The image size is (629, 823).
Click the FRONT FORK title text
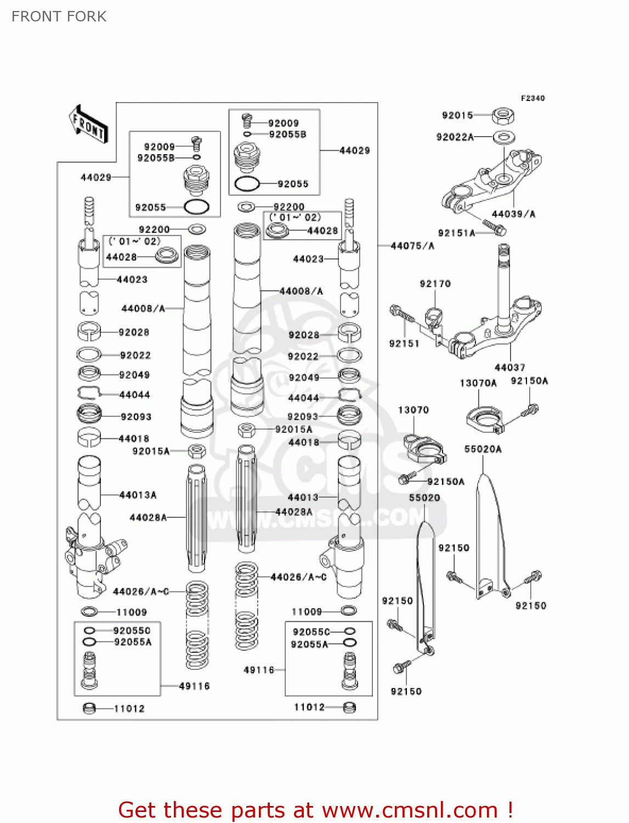point(59,16)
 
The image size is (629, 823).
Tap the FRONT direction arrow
point(88,125)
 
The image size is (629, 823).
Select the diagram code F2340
point(532,98)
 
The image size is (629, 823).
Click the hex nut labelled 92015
point(502,116)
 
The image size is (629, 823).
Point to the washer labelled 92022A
point(503,137)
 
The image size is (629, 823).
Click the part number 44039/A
point(513,214)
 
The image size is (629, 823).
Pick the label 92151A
point(456,233)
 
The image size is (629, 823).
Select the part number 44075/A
point(412,246)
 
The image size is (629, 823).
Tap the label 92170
point(435,284)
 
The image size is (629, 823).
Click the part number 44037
point(509,367)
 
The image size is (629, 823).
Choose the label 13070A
point(478,383)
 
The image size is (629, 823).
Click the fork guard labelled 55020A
point(489,538)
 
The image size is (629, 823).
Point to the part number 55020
point(424,498)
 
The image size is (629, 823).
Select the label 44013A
point(138,495)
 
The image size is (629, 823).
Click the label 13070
point(413,410)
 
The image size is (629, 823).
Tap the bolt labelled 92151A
point(494,227)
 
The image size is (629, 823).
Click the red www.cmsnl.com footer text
point(315,810)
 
